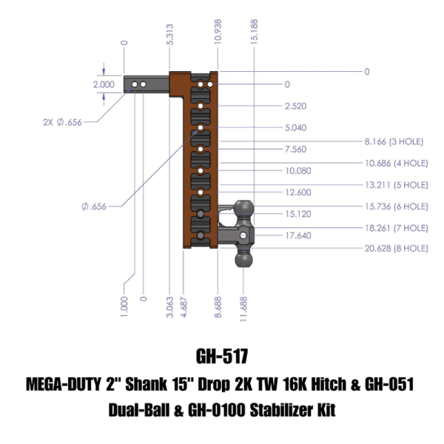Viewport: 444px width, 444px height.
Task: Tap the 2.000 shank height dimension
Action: coord(104,85)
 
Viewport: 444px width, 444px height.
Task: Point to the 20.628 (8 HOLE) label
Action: coord(396,249)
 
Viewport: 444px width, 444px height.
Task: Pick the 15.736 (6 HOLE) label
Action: coord(396,206)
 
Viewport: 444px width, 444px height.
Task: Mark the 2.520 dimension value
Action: coord(295,106)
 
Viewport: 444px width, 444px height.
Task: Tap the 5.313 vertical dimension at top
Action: coord(171,34)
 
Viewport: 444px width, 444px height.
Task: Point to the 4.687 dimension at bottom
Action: coord(185,307)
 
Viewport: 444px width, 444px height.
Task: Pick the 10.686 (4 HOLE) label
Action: coord(396,162)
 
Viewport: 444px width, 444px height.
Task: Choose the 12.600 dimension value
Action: coord(297,192)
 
